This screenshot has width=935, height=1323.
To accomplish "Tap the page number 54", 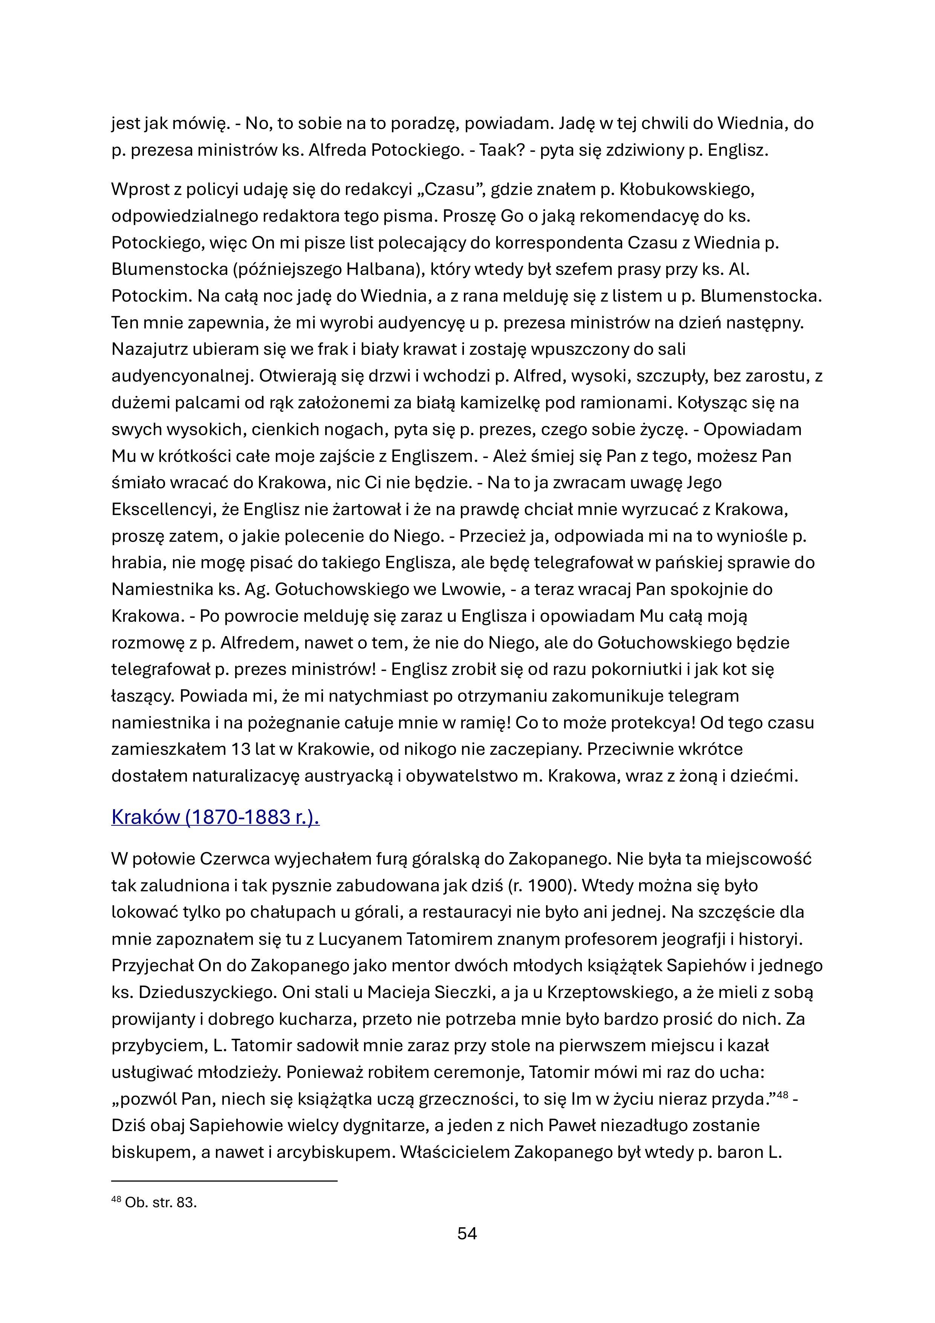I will [x=467, y=1234].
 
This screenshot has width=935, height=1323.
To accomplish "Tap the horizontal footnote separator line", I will [x=224, y=1181].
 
